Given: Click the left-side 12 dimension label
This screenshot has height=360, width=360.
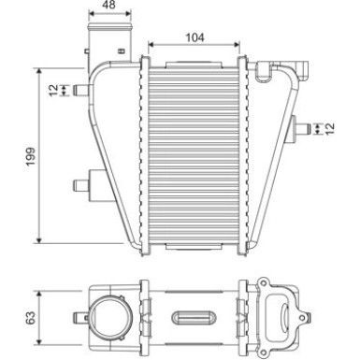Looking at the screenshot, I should coord(52,90).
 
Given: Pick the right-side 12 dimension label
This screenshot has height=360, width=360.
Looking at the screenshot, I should coord(330,127).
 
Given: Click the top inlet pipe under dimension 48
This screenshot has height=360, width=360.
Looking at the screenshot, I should coord(107,43).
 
